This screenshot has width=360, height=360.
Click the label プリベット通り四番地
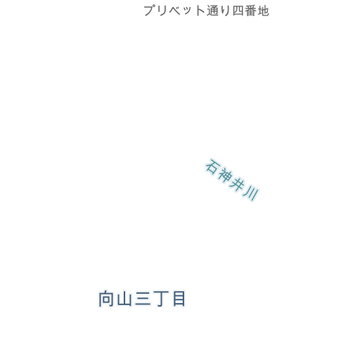pos(206,11)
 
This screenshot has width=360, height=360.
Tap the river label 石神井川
pos(232,180)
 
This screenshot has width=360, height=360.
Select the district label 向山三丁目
pos(142,299)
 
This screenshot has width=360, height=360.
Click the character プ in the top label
pos(150,11)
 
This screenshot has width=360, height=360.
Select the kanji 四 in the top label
pos(238,11)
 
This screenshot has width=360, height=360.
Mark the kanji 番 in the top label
pos(250,11)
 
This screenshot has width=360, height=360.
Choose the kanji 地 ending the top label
pos(263,11)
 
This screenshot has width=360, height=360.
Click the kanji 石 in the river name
pos(212,167)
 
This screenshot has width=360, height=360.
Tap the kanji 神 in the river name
pos(224,174)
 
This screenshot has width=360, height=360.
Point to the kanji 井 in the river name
pos(237,184)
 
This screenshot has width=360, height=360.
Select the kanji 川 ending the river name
pos(251,193)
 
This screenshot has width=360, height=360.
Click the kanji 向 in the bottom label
pos(106,299)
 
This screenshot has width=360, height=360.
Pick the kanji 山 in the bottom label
pos(124,299)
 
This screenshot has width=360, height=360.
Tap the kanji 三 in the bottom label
pos(143,299)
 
